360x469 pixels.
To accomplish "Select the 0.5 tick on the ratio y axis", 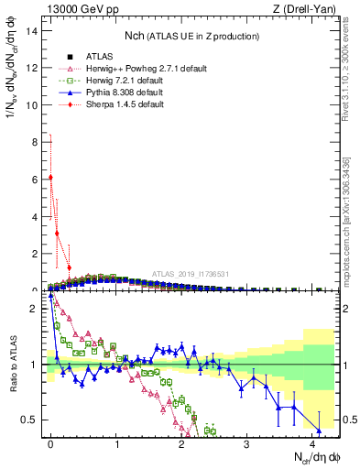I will click(x=30, y=420).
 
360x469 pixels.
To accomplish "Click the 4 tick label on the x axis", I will click(x=312, y=442).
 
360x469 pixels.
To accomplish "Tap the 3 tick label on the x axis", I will click(x=247, y=442).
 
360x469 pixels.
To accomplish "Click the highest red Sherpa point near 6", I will click(x=50, y=177).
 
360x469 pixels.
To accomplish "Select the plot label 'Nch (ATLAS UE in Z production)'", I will click(x=192, y=37).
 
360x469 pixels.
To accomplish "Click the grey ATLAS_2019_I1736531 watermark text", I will click(x=193, y=275).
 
